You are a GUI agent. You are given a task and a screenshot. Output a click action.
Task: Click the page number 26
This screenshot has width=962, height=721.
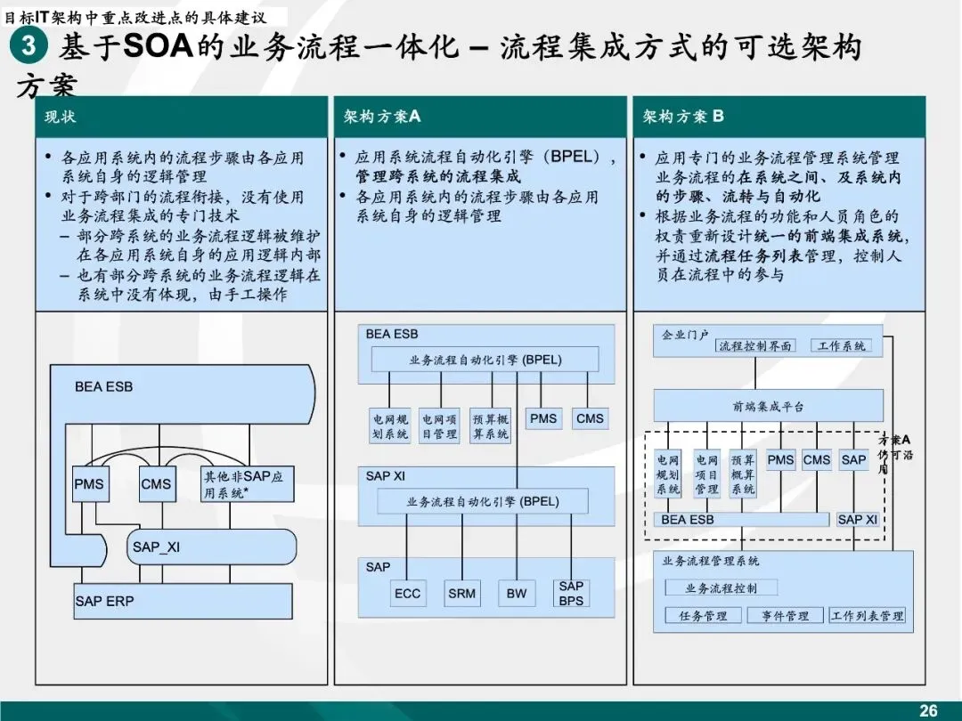point(928,709)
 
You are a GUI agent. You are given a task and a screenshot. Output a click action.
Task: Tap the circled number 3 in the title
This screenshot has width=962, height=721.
point(29,46)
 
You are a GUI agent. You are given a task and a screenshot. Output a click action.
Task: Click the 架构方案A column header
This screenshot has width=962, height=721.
point(382,117)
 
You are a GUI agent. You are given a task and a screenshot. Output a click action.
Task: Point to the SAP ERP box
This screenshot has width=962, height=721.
point(183,602)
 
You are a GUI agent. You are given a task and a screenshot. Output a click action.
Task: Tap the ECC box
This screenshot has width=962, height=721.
point(407,594)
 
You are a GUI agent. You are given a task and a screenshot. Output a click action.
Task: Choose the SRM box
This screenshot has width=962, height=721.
point(462,594)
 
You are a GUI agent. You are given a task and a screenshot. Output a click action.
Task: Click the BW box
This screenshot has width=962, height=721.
point(517,594)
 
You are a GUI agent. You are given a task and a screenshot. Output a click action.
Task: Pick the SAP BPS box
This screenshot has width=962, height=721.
point(571,593)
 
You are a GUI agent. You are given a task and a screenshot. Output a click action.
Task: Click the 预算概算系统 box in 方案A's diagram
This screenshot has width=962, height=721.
point(491,425)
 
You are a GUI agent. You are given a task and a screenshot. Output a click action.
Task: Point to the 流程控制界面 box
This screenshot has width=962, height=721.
point(755,346)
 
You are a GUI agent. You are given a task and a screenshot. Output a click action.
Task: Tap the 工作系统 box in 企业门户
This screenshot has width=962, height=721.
point(840,346)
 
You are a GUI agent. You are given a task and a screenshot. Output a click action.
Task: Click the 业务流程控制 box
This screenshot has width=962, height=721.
point(721,587)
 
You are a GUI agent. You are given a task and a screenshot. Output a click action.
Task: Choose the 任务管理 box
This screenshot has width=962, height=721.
point(703,616)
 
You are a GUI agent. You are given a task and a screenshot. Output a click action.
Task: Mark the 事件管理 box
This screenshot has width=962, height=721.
point(785,616)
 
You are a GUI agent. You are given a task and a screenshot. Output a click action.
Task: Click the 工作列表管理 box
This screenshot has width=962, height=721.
point(867,616)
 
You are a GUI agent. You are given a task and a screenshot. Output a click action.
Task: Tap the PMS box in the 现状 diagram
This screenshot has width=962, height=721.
point(89,485)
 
